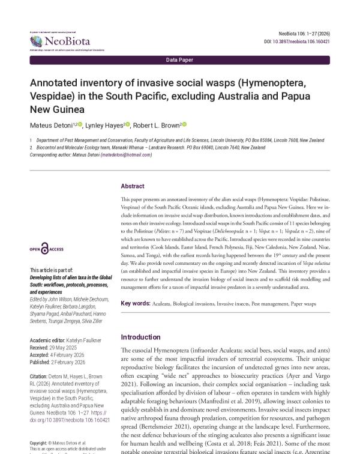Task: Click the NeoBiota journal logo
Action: (60, 41)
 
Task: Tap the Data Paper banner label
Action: (179, 60)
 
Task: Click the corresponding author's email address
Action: (126, 154)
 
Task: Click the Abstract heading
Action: (132, 186)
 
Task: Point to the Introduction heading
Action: (140, 337)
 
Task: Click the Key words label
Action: (135, 304)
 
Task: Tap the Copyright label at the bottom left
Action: (40, 443)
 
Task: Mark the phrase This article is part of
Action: (52, 270)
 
